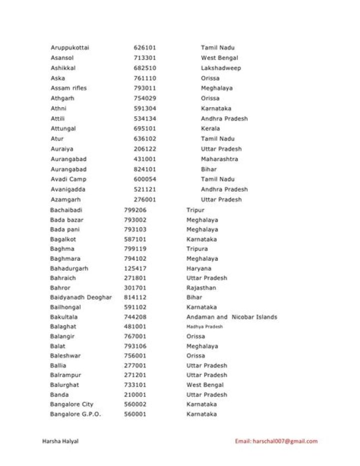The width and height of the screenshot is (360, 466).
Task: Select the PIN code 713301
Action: (x=144, y=58)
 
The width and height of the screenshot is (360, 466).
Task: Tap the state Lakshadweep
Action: (x=220, y=68)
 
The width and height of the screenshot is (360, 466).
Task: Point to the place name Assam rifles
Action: (x=68, y=88)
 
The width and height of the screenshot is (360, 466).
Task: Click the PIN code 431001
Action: (x=144, y=159)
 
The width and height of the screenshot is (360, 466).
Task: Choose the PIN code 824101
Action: (x=144, y=169)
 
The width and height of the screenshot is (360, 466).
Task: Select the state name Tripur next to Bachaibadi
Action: (x=195, y=210)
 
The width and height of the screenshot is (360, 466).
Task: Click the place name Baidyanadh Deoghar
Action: (x=80, y=297)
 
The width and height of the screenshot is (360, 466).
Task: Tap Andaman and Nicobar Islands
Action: (x=231, y=317)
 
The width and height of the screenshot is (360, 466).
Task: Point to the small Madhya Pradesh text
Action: (x=204, y=327)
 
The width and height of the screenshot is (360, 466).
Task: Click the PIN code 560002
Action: (x=135, y=404)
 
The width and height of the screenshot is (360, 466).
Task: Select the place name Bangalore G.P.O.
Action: (x=75, y=414)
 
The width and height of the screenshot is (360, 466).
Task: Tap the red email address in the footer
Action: (x=276, y=441)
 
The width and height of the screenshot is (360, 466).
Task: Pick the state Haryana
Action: (x=199, y=268)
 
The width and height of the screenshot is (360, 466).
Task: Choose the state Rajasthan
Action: (x=201, y=288)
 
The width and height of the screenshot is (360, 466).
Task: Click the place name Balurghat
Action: (x=64, y=385)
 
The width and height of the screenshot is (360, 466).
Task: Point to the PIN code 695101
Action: (x=144, y=129)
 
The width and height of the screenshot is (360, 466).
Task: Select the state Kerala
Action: (x=210, y=129)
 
